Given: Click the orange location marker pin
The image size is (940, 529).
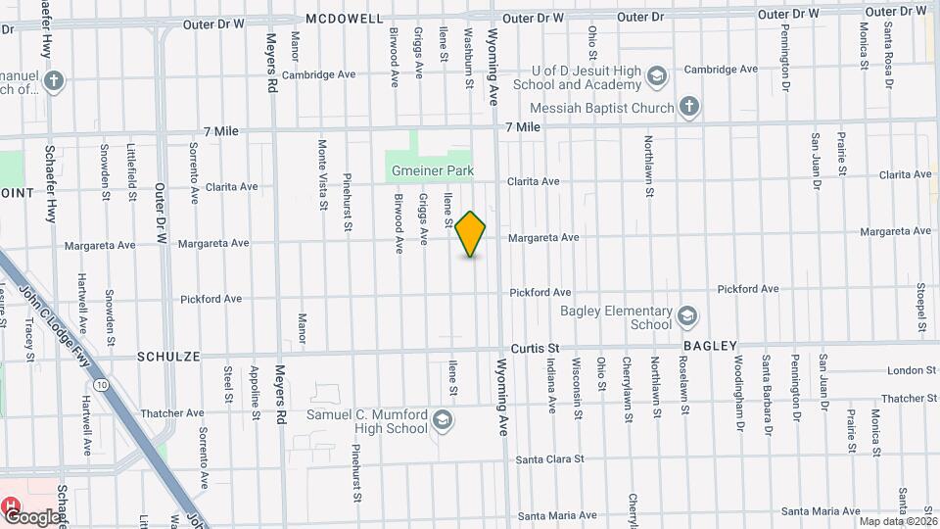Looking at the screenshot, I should [x=471, y=234].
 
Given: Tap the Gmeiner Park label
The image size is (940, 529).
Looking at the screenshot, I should [x=433, y=170].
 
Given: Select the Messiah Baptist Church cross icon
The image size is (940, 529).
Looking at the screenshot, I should [x=690, y=108].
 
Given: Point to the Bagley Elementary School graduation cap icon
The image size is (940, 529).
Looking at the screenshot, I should [x=687, y=316].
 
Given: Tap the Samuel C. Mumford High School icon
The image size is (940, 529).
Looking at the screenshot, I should [x=443, y=420].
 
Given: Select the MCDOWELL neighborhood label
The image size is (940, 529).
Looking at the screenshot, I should [x=346, y=19].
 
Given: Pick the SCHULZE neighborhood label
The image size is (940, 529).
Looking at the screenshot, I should [x=168, y=358].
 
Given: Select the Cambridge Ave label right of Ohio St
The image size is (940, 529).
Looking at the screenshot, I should [x=721, y=70].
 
